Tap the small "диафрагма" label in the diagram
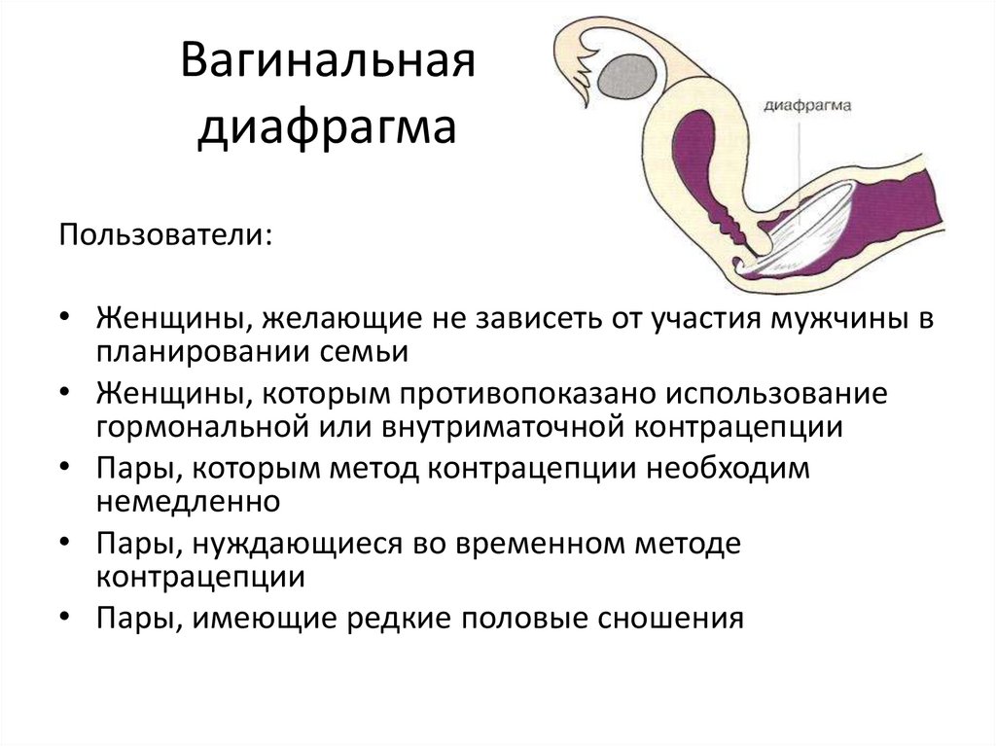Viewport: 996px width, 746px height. click(x=808, y=106)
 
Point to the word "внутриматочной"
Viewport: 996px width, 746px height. click(x=499, y=427)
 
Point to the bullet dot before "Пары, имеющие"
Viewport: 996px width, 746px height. click(x=64, y=619)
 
